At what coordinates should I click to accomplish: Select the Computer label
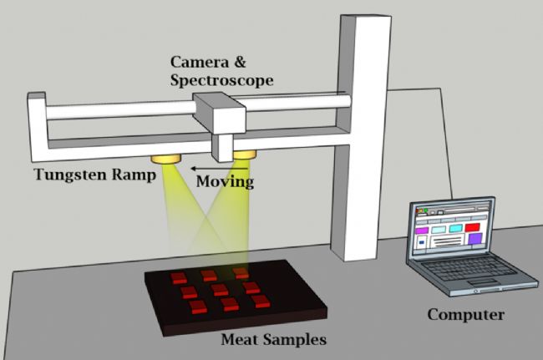[x=465, y=314]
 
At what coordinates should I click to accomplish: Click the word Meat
[x=243, y=341]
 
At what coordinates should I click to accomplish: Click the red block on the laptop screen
[x=472, y=226]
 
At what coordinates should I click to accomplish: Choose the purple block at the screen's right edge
[x=474, y=240]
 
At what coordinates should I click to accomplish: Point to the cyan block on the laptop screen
[x=457, y=227]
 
